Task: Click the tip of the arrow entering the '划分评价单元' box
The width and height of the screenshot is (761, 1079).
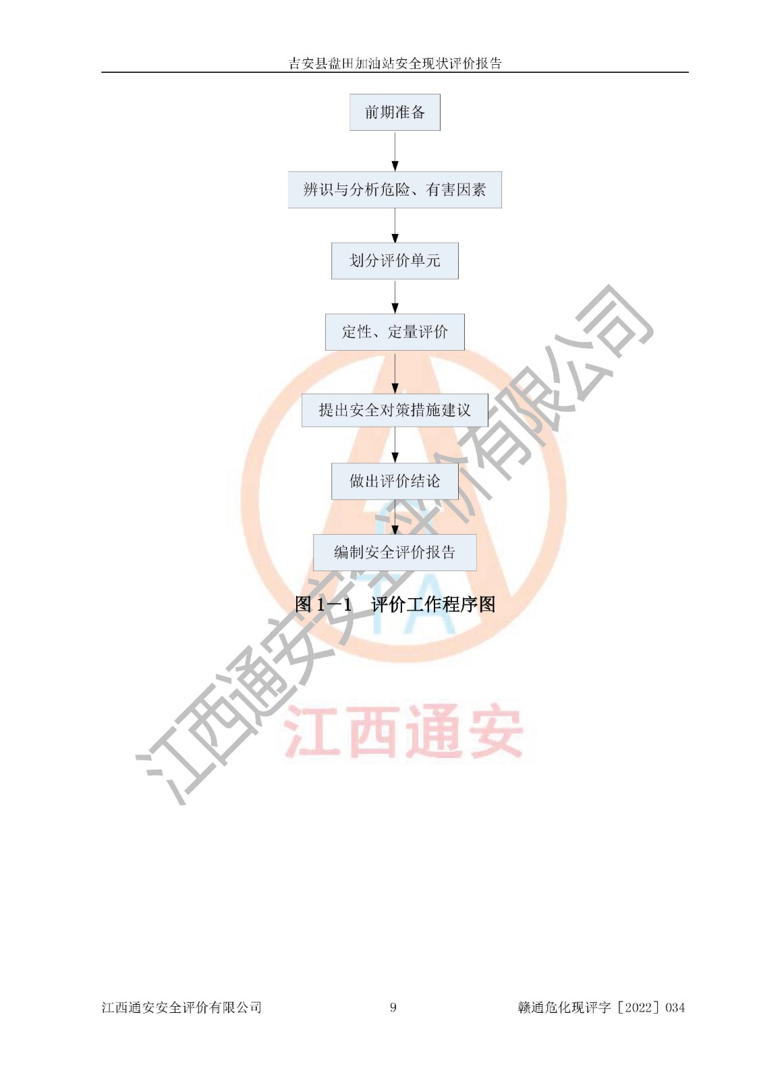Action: [395, 243]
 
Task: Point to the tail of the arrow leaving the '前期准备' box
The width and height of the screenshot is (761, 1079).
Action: [395, 131]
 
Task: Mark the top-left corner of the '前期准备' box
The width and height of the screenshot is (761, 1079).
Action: [350, 94]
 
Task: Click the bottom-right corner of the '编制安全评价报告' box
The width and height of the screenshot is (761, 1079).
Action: [476, 571]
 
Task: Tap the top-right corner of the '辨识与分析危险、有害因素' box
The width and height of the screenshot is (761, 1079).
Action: [501, 171]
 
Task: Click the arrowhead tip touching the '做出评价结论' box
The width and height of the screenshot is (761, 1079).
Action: [395, 463]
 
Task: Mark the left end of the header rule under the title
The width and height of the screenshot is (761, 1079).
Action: [101, 73]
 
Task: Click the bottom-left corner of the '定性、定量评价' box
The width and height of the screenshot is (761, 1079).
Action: [325, 350]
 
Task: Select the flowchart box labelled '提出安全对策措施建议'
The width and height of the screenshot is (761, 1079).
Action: [395, 410]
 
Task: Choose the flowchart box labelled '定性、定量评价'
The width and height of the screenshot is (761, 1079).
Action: [395, 332]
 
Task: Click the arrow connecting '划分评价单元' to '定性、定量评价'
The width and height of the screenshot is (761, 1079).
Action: [395, 297]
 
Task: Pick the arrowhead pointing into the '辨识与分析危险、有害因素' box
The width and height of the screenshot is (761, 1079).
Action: [395, 167]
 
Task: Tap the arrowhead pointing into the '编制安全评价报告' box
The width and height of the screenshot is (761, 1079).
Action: [395, 529]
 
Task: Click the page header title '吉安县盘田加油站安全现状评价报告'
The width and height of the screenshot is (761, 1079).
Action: [395, 63]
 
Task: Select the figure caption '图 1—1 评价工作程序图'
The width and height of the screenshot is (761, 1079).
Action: [395, 604]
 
